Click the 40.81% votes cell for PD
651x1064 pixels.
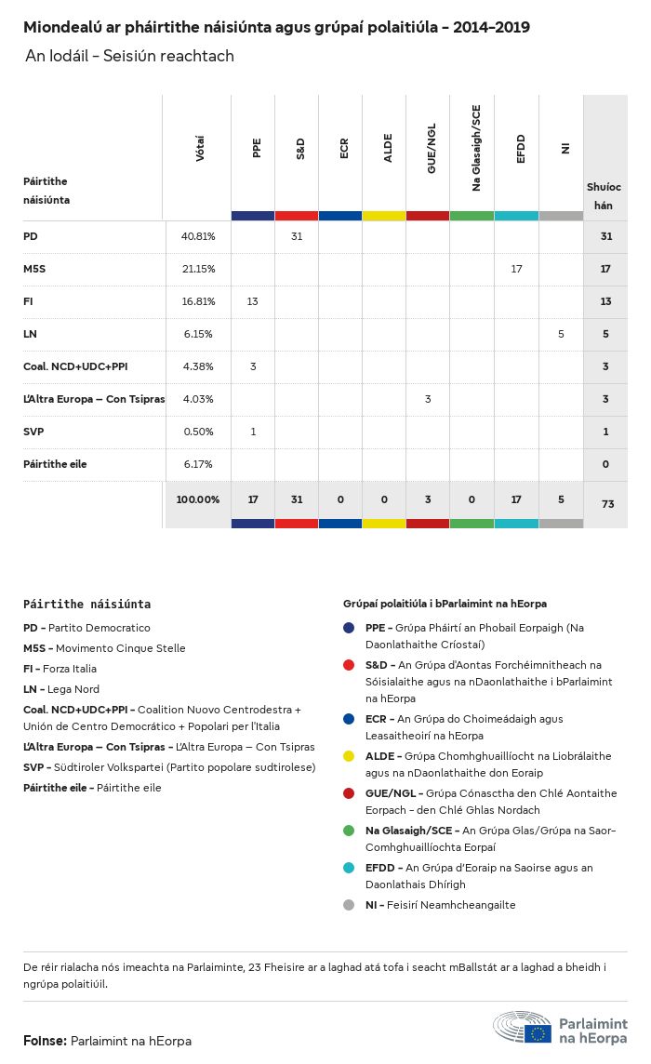(198, 236)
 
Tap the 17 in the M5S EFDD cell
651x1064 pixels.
(516, 269)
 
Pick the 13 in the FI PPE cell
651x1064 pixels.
(253, 301)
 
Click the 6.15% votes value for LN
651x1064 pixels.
(198, 334)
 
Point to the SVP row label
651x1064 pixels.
(33, 432)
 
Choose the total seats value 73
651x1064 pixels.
(607, 503)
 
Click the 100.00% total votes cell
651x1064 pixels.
(198, 499)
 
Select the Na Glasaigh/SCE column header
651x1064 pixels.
(476, 148)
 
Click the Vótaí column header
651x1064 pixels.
(200, 149)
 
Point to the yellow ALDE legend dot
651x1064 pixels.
(349, 756)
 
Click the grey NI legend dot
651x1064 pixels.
(349, 905)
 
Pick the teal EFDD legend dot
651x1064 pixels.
(349, 868)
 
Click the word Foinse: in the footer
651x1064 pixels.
(45, 1041)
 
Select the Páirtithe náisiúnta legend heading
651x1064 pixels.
(86, 604)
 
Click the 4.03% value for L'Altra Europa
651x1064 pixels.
(198, 399)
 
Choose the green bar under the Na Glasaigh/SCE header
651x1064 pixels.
(472, 216)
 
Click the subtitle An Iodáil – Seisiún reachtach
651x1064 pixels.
(129, 57)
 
